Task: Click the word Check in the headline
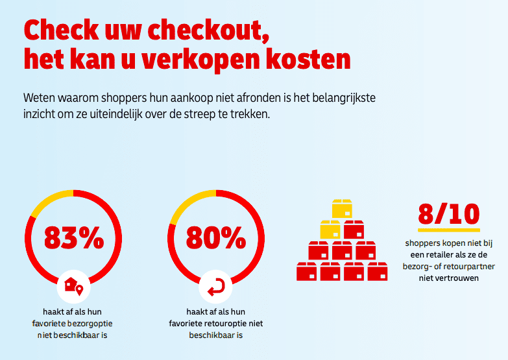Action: [61, 30]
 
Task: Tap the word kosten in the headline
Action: [308, 59]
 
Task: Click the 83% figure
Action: [74, 238]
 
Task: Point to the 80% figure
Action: [216, 238]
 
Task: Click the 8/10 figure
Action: [449, 214]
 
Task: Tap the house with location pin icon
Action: [73, 286]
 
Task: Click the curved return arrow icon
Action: [216, 287]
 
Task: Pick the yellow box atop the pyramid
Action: [342, 209]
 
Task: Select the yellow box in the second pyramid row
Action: [330, 230]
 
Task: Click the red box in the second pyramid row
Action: [354, 230]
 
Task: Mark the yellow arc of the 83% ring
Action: [49, 199]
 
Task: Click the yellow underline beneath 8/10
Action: [449, 230]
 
